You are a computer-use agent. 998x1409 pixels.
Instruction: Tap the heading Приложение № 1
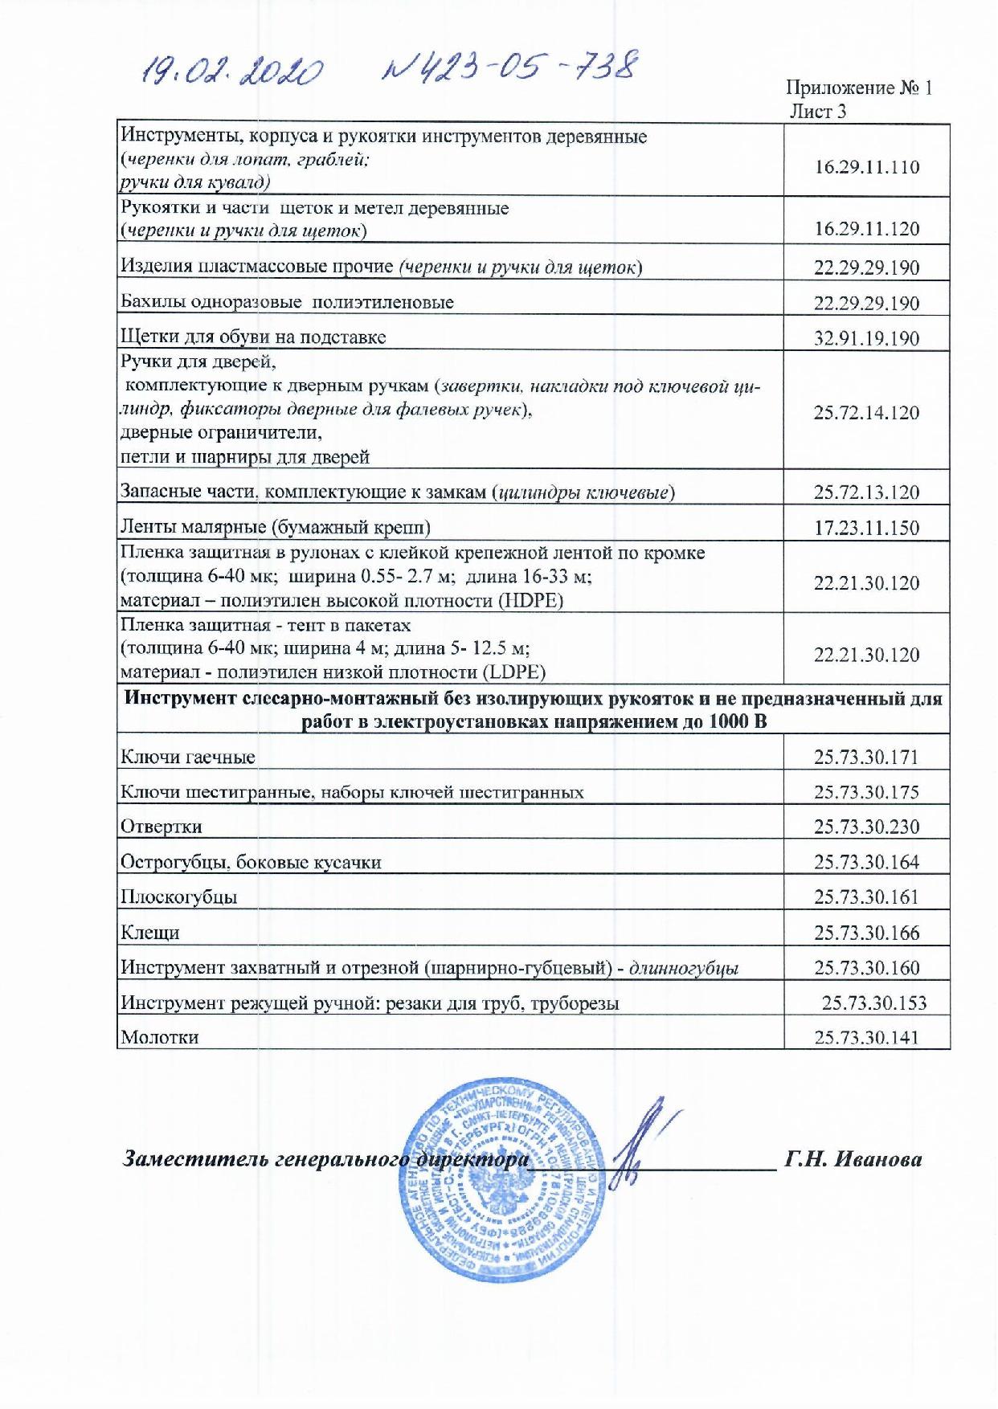(x=858, y=88)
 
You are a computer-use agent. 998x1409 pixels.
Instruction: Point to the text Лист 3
(x=818, y=112)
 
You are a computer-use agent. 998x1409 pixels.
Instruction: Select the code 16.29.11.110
(x=866, y=167)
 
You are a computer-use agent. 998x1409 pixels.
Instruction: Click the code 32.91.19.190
(x=866, y=338)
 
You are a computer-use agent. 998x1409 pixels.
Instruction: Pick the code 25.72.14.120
(x=866, y=413)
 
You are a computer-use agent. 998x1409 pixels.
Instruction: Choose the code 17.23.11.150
(x=866, y=528)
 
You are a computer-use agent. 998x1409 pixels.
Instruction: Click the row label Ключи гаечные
(x=188, y=757)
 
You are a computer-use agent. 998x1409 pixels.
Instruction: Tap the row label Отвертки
(x=161, y=827)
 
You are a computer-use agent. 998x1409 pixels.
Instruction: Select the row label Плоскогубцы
(x=178, y=897)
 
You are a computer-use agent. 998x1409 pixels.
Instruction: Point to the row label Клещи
(x=149, y=933)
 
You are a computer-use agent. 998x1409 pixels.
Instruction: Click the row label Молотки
(x=159, y=1037)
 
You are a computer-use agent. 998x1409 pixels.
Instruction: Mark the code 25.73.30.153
(x=874, y=1003)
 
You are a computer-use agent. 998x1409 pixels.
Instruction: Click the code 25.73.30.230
(x=866, y=827)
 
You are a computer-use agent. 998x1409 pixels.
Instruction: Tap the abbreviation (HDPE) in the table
(x=530, y=601)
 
